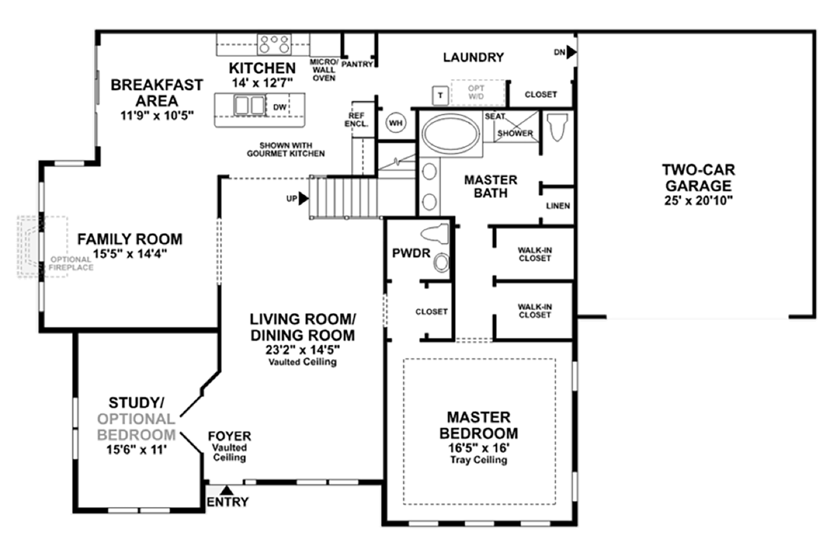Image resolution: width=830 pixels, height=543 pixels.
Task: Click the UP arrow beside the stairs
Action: (x=304, y=198)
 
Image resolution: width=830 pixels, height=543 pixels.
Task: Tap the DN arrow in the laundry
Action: (x=572, y=53)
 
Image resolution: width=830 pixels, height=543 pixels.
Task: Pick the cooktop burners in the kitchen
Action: (x=274, y=45)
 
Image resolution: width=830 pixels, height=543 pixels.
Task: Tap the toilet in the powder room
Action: (x=436, y=234)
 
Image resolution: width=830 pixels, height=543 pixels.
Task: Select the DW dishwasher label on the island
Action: (x=279, y=106)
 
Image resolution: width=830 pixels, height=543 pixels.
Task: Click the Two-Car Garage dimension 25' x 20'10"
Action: (x=696, y=201)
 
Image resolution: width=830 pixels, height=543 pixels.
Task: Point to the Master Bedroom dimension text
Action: (x=478, y=448)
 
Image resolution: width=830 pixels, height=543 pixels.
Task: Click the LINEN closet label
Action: (x=558, y=206)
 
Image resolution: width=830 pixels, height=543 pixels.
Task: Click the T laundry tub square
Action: (x=440, y=95)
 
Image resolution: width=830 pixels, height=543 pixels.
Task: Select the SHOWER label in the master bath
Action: (x=520, y=133)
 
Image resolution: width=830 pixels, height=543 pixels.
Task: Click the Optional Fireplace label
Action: (x=69, y=263)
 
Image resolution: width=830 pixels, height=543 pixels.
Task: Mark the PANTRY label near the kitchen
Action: (x=357, y=65)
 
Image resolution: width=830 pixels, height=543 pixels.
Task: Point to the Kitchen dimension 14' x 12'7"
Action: (x=262, y=83)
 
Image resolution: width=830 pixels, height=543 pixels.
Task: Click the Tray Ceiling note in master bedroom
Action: (x=478, y=460)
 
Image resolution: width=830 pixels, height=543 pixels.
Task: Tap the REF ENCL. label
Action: (x=354, y=119)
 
